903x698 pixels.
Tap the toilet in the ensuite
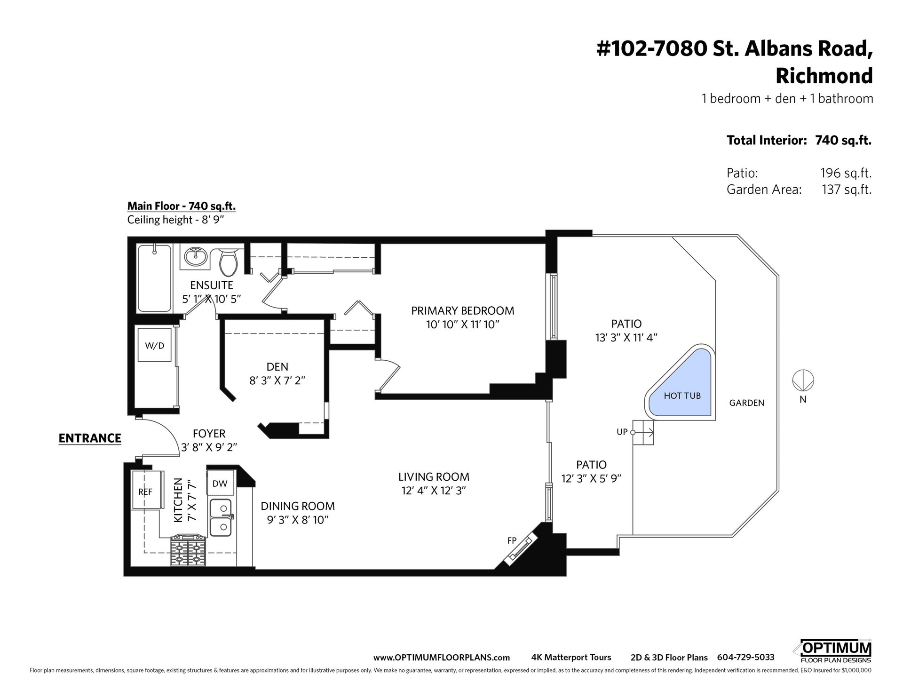coord(230,262)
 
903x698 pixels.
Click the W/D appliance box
coord(155,346)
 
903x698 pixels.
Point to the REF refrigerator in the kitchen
coord(145,492)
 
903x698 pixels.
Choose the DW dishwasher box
coord(220,483)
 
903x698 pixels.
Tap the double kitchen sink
coord(221,517)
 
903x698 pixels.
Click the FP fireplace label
coord(512,541)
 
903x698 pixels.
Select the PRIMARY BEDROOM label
coord(462,310)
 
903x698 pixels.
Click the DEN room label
coord(277,366)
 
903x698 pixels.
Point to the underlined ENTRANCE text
coord(90,438)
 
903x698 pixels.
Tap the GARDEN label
coord(747,403)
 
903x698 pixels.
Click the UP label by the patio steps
coord(622,432)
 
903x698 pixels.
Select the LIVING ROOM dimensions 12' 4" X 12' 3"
coord(434,491)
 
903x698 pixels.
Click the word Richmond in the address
coord(824,75)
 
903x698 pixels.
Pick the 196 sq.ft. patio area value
coord(846,173)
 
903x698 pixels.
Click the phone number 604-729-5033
coord(745,658)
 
